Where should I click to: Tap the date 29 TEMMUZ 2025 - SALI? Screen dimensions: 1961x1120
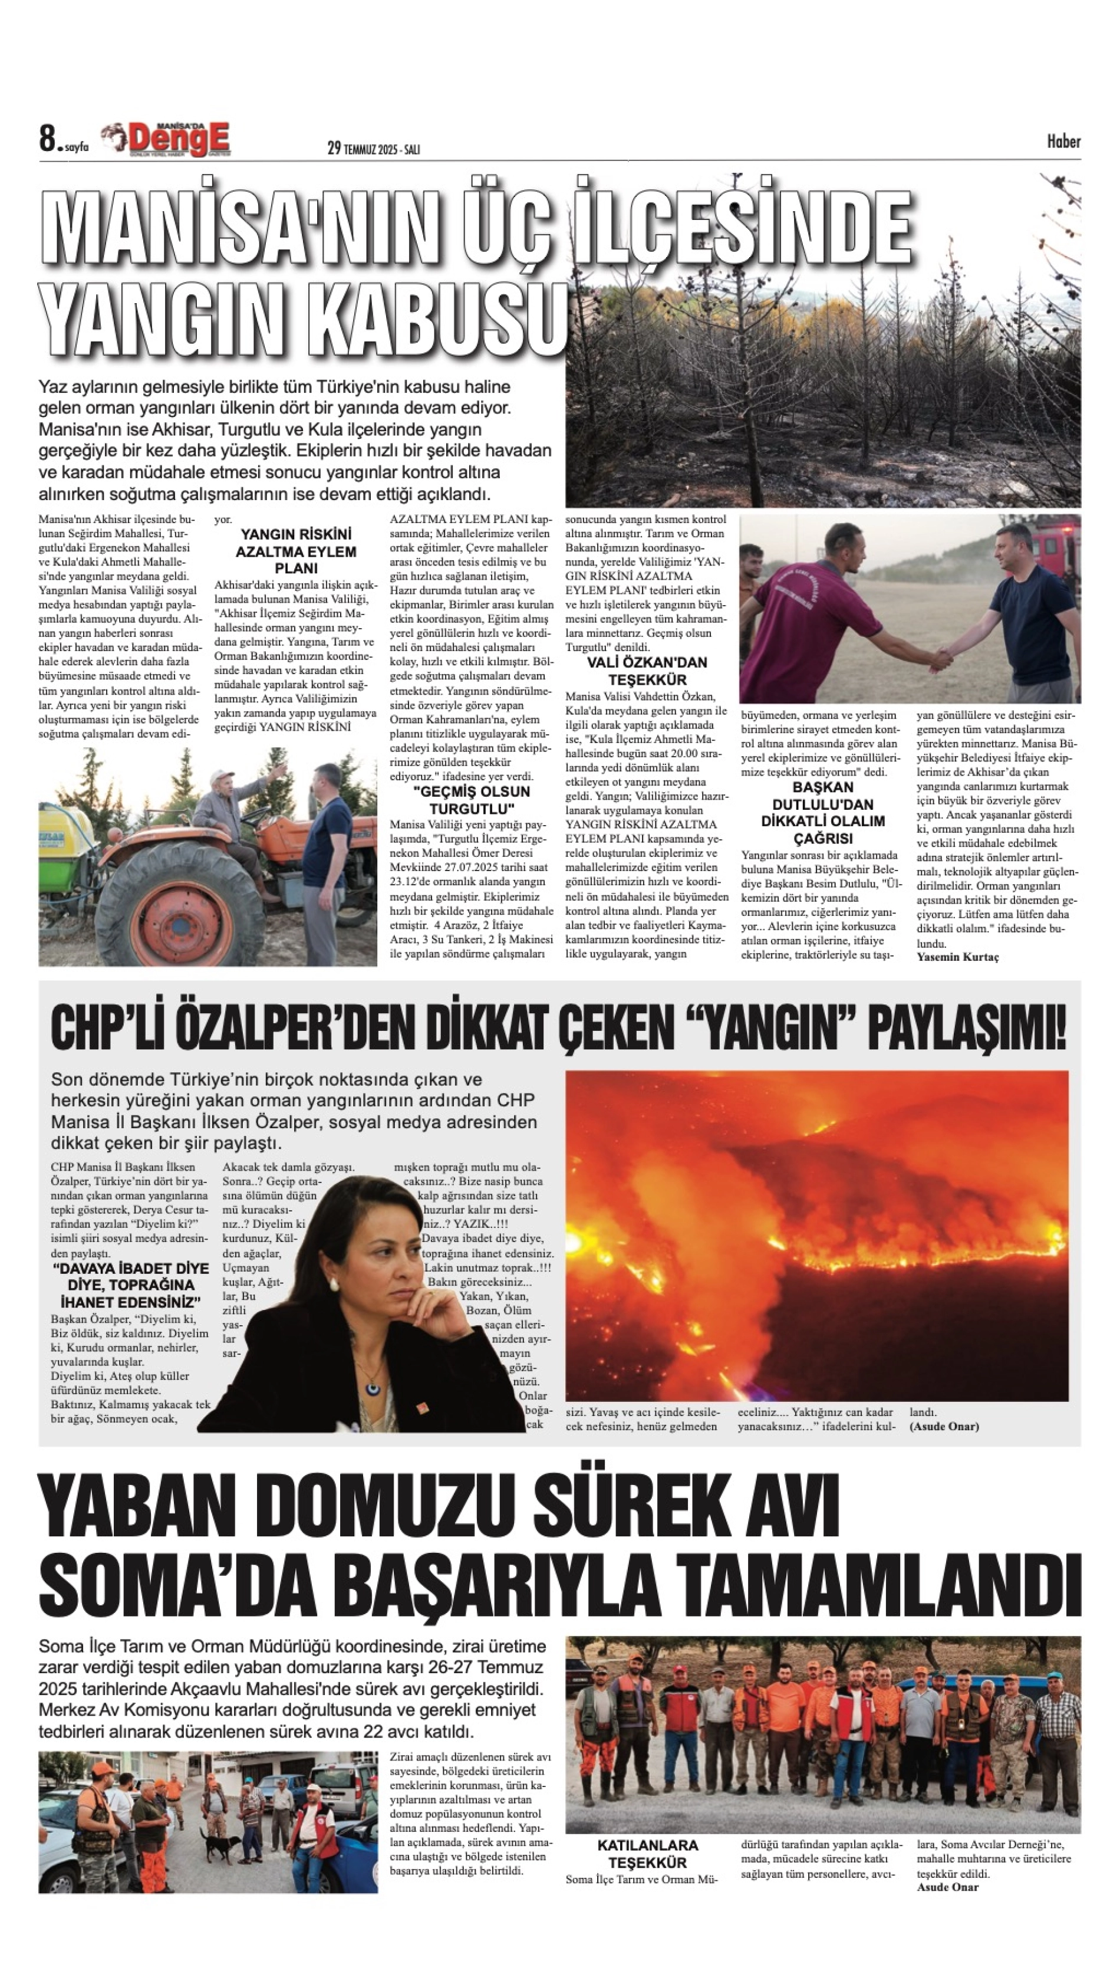click(x=373, y=149)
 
